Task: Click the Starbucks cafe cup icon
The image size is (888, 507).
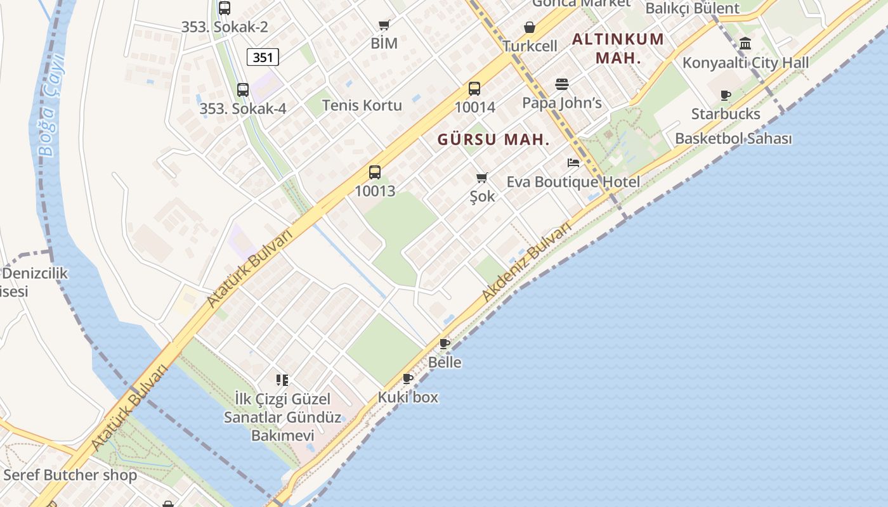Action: click(726, 96)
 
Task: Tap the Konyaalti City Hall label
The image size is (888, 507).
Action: click(745, 63)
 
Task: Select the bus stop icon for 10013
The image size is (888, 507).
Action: click(375, 172)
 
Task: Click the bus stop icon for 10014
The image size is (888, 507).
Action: click(474, 89)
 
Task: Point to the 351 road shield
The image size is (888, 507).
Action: click(263, 58)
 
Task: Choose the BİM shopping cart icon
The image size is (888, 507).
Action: click(384, 25)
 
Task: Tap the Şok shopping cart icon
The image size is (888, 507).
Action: click(482, 177)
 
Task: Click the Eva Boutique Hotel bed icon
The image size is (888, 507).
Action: click(573, 163)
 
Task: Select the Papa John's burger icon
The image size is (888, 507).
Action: click(561, 84)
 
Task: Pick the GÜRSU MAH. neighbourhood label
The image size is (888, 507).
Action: click(493, 140)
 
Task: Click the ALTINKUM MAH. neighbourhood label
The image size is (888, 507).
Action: click(618, 48)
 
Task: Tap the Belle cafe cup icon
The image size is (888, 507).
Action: click(445, 344)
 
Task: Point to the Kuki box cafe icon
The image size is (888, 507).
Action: click(408, 379)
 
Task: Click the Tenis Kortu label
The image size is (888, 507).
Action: click(362, 105)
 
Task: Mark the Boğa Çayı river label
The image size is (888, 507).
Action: click(50, 105)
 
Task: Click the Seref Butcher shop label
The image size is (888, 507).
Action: click(70, 475)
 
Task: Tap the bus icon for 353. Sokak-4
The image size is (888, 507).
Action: click(243, 90)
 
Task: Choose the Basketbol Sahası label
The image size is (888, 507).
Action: click(733, 138)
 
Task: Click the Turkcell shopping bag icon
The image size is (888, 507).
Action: click(530, 28)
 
